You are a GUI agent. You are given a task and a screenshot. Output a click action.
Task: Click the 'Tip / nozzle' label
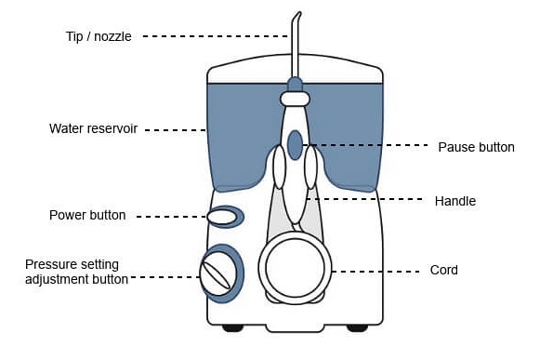(99, 36)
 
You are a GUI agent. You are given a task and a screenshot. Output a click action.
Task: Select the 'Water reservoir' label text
(94, 128)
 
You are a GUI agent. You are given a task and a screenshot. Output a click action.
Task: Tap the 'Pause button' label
(476, 147)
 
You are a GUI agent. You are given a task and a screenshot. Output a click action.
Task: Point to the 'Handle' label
(455, 201)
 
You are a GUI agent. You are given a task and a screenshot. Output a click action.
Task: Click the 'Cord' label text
(444, 270)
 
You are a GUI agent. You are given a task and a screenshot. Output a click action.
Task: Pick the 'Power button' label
(87, 215)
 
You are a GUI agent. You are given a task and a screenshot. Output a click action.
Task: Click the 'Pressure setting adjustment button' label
(76, 272)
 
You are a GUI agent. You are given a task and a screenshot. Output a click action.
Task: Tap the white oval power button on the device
(221, 217)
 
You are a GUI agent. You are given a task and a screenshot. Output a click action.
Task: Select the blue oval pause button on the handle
(296, 145)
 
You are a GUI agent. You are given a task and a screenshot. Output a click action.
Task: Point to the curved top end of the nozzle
(299, 13)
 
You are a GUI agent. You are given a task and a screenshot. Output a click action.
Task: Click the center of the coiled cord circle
(295, 268)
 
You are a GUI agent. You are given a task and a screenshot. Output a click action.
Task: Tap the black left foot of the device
(233, 328)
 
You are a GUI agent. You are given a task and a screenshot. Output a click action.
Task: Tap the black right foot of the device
(357, 328)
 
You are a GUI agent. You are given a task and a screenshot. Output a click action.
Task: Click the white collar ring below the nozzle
(296, 99)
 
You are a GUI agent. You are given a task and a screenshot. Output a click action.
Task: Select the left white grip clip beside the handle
(279, 167)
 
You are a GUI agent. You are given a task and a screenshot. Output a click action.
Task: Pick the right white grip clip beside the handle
(310, 167)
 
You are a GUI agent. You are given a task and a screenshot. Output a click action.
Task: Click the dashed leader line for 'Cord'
(375, 272)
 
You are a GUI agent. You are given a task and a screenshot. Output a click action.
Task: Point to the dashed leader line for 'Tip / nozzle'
(216, 36)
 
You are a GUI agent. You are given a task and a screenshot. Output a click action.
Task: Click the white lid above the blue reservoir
(295, 69)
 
